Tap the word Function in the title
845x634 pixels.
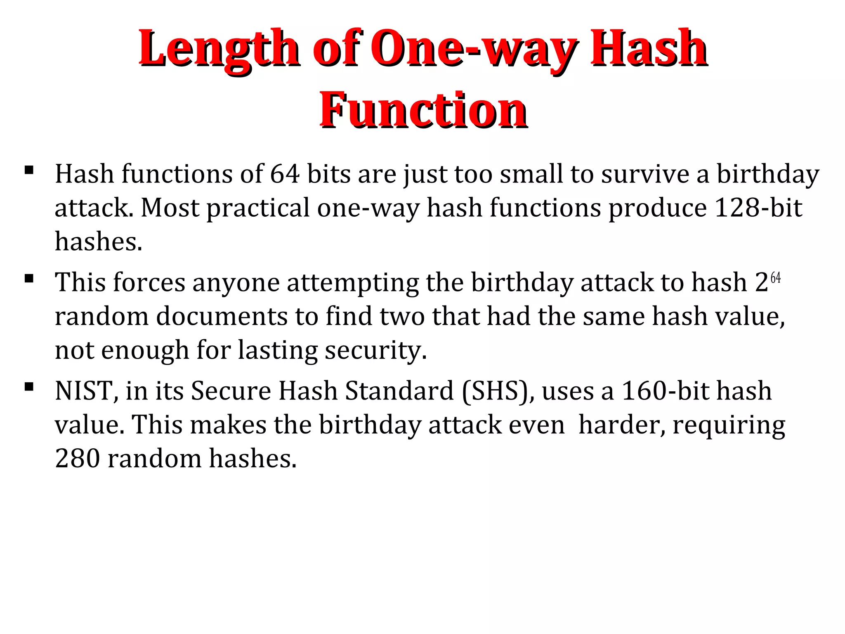pyautogui.click(x=423, y=111)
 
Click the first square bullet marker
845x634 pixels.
pyautogui.click(x=29, y=170)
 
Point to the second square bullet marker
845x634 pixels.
pyautogui.click(x=29, y=278)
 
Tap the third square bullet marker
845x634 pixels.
pyautogui.click(x=29, y=387)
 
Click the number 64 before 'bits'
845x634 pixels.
pyautogui.click(x=285, y=174)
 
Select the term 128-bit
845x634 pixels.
pyautogui.click(x=758, y=208)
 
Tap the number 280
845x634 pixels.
pyautogui.click(x=78, y=459)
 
